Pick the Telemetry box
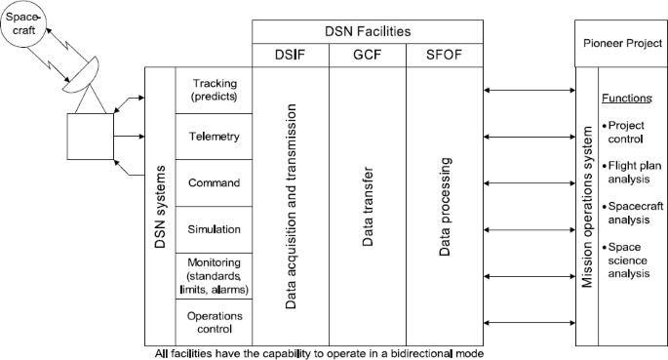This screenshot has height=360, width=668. tap(213, 138)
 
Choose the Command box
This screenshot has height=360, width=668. tap(213, 182)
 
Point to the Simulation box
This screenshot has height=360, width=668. tap(213, 228)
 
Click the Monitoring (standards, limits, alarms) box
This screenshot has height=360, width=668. tap(213, 276)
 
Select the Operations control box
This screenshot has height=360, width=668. tap(213, 322)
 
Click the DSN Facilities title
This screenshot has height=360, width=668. tap(369, 31)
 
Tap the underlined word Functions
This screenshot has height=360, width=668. tap(625, 99)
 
